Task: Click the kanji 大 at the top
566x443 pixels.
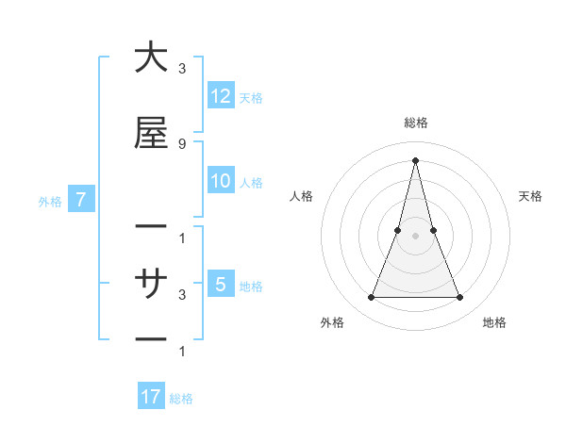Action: tap(151, 58)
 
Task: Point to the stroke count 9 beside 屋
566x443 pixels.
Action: tap(182, 143)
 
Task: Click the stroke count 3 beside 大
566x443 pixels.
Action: tap(182, 69)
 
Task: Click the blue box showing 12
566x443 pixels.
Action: tap(221, 96)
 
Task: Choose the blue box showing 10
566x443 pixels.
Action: tap(221, 181)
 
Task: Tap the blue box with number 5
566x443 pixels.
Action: tap(221, 284)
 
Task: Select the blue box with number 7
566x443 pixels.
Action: tap(81, 200)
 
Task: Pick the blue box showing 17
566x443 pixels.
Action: tap(151, 397)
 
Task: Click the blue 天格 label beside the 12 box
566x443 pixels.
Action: tap(251, 98)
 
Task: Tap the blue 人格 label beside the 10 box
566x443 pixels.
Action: tap(251, 183)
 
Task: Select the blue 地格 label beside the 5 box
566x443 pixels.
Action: tap(251, 286)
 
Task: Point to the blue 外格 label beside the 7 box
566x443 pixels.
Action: tap(50, 201)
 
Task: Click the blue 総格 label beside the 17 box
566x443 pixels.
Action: tap(181, 399)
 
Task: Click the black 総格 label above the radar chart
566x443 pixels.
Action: tap(415, 123)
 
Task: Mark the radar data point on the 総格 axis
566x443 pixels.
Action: tap(415, 159)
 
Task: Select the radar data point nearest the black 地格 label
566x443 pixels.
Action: tap(460, 298)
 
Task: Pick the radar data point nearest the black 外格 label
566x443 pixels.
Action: tap(371, 298)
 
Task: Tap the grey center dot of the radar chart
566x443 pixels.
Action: tap(415, 236)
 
